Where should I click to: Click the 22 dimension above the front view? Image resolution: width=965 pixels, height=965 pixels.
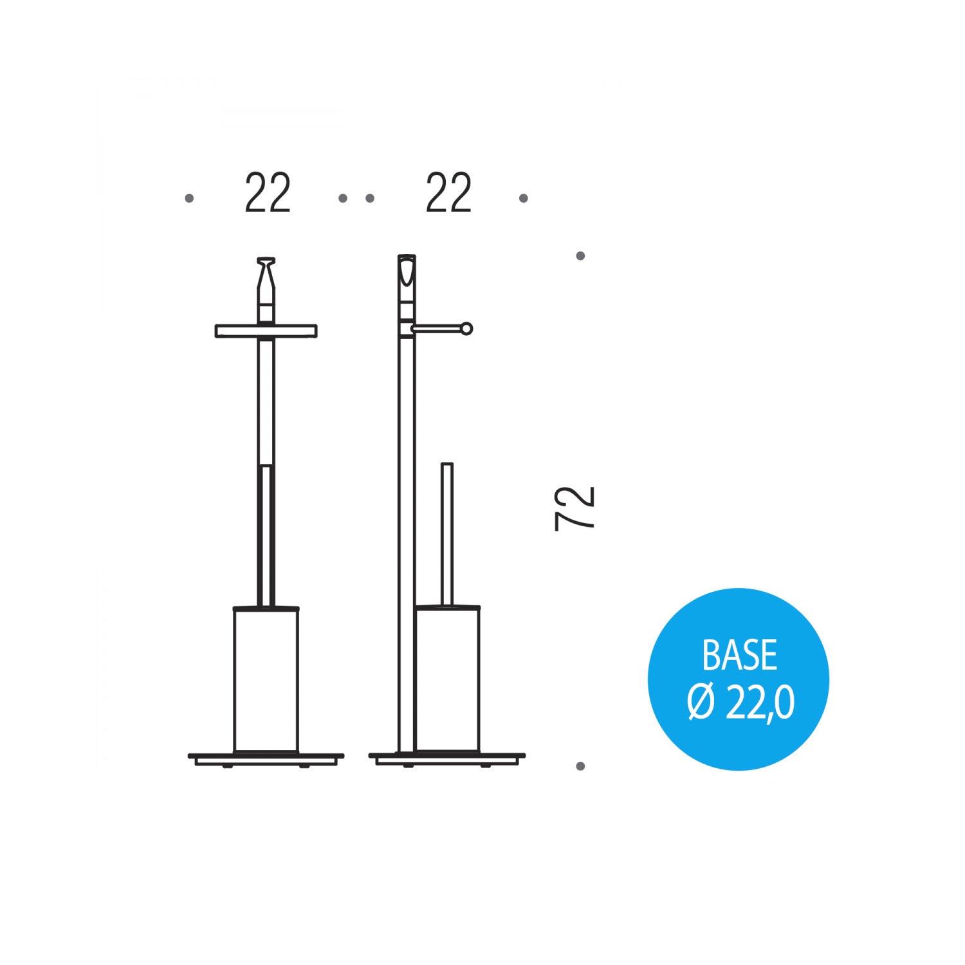pos(268,193)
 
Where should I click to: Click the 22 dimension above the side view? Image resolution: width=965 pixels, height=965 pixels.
pos(448,193)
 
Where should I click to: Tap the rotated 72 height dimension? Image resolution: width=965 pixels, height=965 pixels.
pos(575,508)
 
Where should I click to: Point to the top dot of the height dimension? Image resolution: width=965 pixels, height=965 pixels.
pos(580,256)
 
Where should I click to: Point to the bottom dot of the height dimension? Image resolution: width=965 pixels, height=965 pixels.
pos(580,766)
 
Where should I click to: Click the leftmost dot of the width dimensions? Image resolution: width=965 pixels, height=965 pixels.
pos(189,198)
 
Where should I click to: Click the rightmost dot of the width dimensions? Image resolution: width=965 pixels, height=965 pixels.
pos(524,198)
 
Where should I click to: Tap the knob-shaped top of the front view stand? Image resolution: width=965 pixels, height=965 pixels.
pos(266,273)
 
